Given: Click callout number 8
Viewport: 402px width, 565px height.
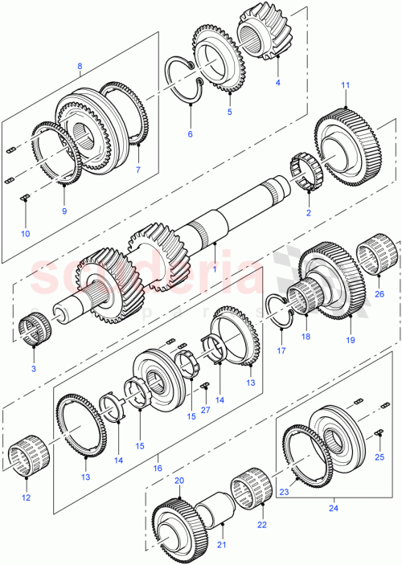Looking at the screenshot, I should (80, 66).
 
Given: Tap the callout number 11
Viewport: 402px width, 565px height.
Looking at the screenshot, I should (346, 85).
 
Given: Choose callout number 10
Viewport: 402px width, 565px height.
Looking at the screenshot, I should (24, 234).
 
